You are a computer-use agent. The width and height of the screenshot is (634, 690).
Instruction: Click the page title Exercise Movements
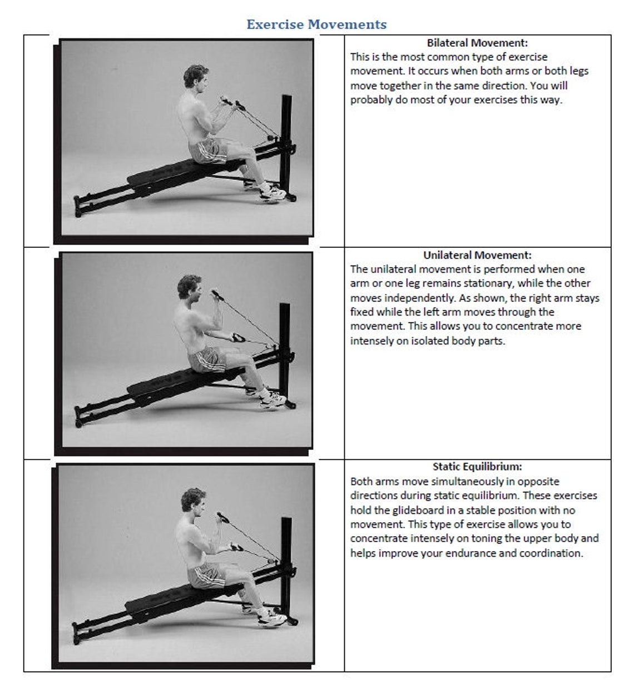coord(316,24)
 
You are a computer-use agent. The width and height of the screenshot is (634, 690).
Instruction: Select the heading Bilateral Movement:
coord(477,43)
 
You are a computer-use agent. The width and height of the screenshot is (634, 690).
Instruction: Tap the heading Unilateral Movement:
coord(477,255)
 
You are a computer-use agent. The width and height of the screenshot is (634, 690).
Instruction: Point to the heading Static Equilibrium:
coord(477,467)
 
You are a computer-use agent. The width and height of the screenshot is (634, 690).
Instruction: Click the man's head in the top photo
coord(195,78)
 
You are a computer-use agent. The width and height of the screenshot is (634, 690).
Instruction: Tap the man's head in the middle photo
coord(189,288)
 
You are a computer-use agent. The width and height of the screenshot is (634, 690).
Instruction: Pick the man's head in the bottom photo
coord(193,502)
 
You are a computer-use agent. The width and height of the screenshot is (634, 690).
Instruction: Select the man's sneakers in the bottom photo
coord(271,617)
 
